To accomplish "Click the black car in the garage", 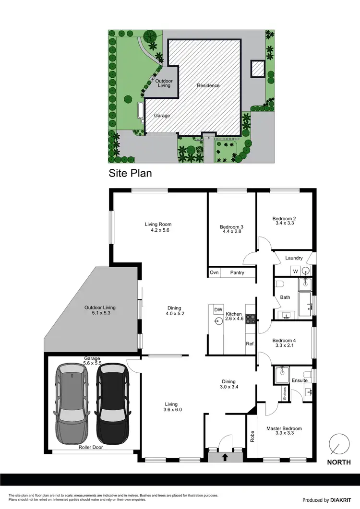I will (x=113, y=404).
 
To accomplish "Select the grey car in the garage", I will (x=72, y=404).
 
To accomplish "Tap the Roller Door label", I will (x=91, y=447).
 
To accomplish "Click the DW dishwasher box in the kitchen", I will (x=218, y=309).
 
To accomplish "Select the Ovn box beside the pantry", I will (x=214, y=272).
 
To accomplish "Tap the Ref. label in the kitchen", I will (x=250, y=343).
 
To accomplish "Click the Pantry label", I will (x=237, y=272).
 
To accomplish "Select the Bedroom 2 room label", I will (x=287, y=218).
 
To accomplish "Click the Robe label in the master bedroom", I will (x=252, y=437).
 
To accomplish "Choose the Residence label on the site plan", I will (x=208, y=85).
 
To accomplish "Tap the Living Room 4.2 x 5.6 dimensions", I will (x=158, y=230).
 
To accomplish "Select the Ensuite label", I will (x=300, y=380).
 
